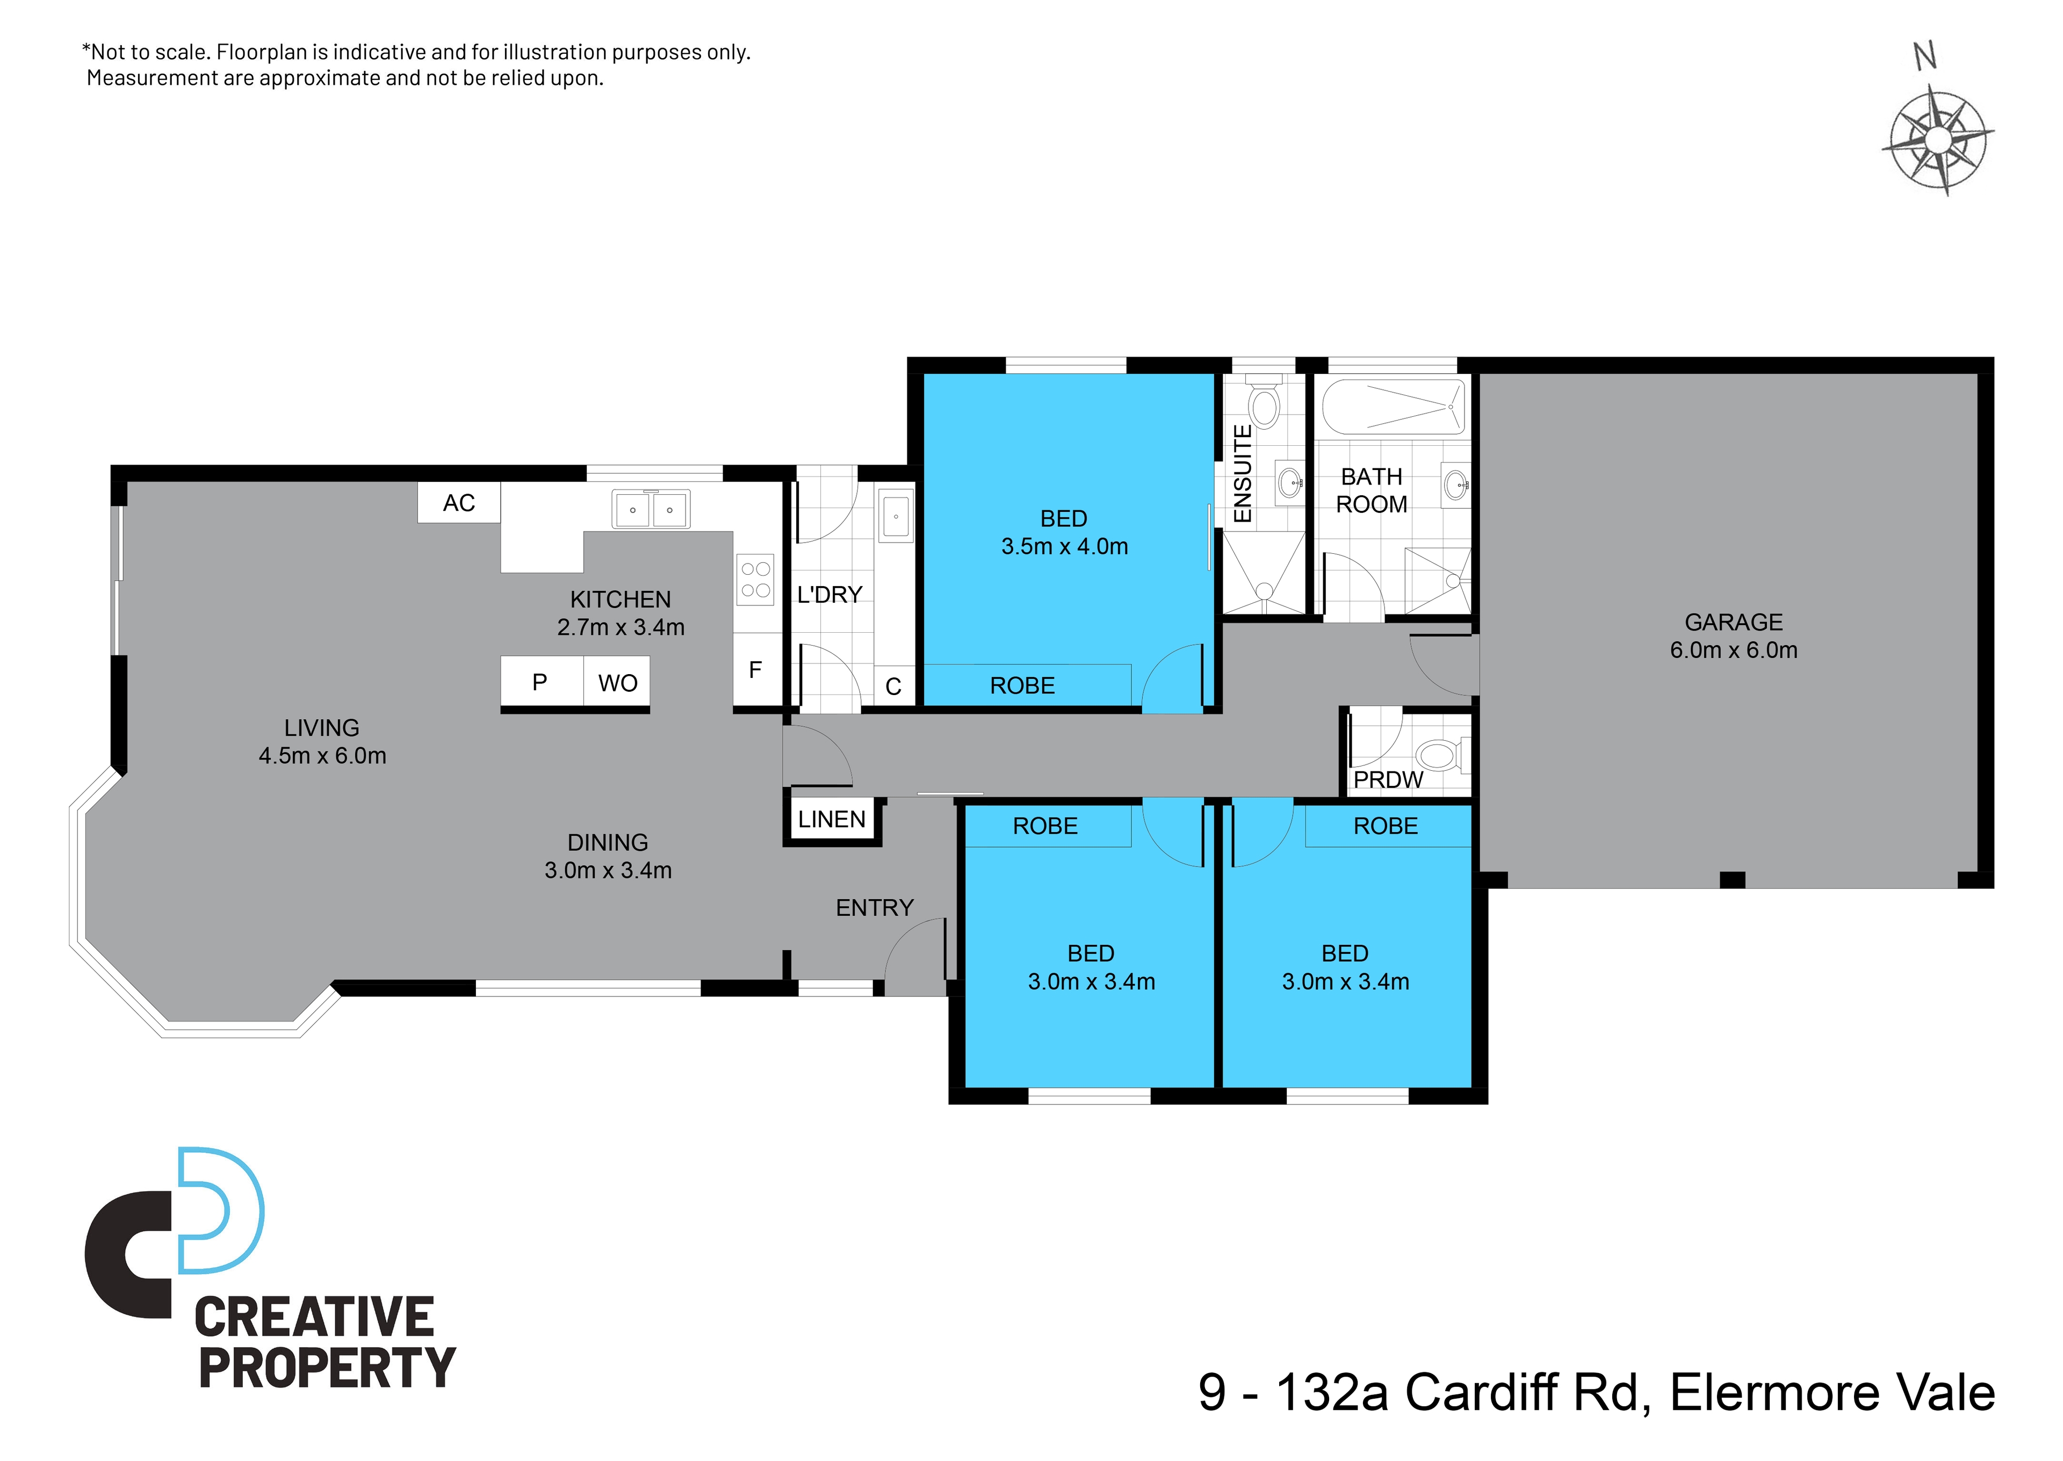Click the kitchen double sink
651,509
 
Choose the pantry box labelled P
540,682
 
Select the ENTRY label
875,908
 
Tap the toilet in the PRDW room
1442,754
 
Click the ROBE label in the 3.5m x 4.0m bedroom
1022,685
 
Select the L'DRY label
829,595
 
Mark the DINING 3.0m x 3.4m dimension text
608,870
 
